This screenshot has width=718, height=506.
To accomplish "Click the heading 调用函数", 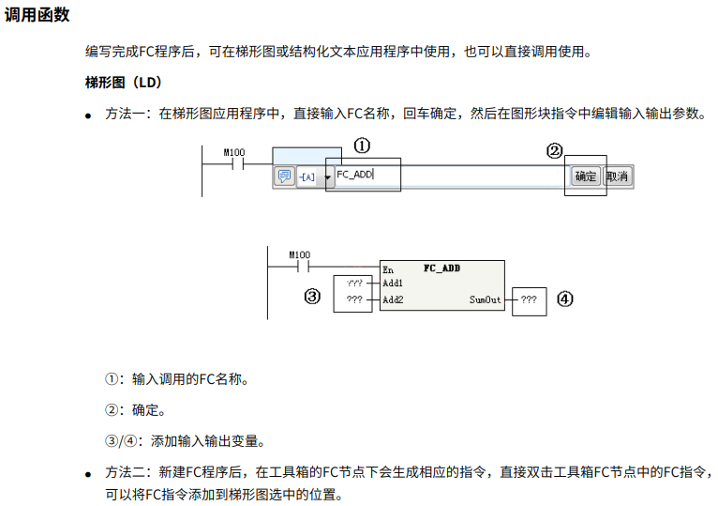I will point(37,16).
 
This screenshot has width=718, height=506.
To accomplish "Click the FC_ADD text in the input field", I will point(355,175).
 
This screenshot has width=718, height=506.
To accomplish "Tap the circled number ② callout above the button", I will point(556,150).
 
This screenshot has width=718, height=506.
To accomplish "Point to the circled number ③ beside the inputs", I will point(313,297).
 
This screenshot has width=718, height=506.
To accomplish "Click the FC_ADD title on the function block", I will point(441,268).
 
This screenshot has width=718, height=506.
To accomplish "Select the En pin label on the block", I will point(389,268).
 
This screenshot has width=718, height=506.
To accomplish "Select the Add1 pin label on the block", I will point(393,284).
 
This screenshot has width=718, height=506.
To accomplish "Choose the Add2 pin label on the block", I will point(393,300).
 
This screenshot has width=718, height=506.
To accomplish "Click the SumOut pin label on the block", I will point(485,300).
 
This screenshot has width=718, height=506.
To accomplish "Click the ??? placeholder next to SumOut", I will point(529,300).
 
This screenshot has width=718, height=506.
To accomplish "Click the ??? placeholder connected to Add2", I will point(353,300).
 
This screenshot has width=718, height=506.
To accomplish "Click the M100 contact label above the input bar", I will point(234,152).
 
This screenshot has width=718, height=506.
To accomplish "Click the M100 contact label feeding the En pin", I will point(299,254).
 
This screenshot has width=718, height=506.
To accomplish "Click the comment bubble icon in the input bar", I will point(284,176).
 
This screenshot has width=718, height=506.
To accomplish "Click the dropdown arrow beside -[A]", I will point(327,177).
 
